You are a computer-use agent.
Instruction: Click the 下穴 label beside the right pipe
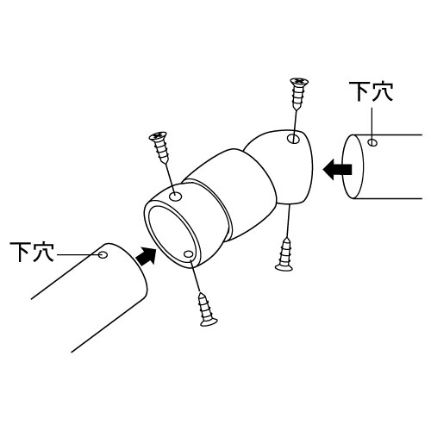(371, 91)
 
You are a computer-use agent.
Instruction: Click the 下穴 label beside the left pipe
(32, 252)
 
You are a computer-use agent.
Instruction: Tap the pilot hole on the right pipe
(372, 142)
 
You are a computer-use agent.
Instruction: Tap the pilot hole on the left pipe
(103, 254)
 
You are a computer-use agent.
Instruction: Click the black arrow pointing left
(337, 169)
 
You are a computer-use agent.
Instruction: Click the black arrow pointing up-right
(147, 256)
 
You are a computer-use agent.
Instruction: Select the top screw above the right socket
(299, 93)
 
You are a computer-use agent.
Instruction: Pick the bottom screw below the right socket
(284, 254)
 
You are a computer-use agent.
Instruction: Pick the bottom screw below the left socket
(207, 309)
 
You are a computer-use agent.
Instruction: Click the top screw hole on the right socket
(294, 139)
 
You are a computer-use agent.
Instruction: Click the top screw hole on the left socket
(175, 197)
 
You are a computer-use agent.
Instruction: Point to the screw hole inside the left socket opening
(188, 254)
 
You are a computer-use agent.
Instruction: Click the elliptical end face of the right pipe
(353, 166)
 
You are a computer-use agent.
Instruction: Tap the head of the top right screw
(299, 81)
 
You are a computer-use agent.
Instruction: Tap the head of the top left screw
(159, 135)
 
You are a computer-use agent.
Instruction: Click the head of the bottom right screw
(284, 267)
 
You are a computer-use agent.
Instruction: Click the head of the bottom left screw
(209, 322)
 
